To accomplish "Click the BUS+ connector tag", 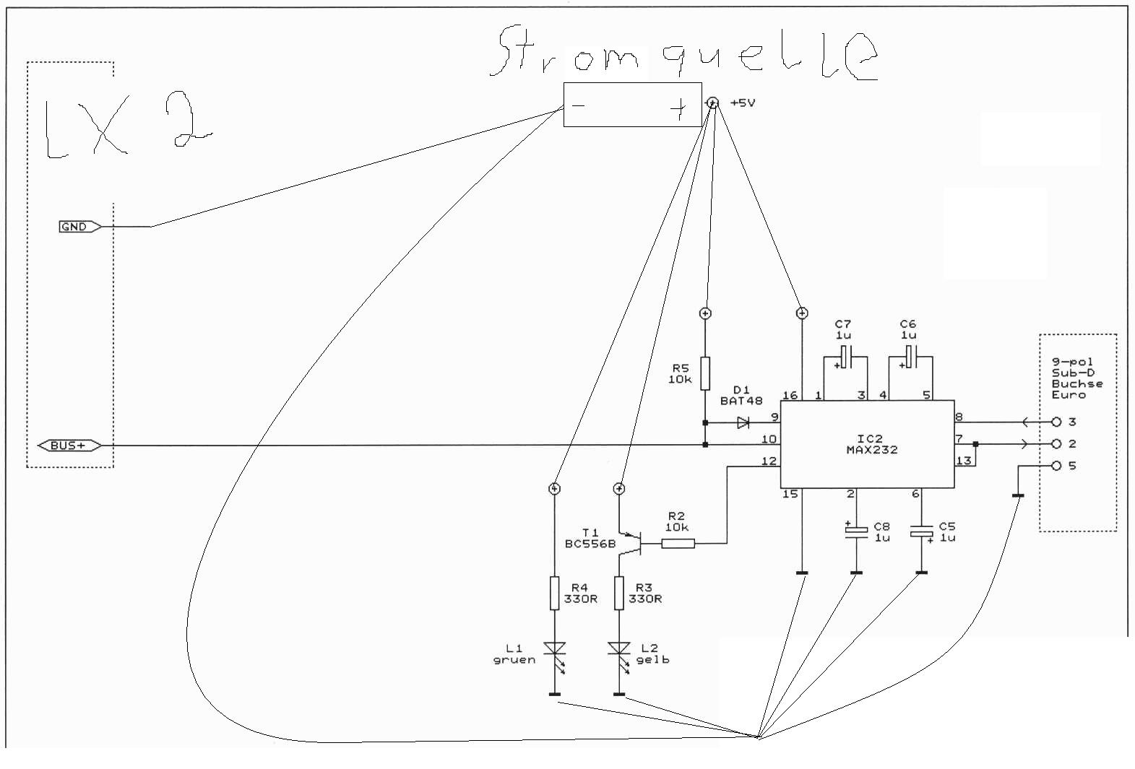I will pos(69,446).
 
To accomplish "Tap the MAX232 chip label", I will pos(871,449).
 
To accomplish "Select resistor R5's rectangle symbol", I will pos(705,373).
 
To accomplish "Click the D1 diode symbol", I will pos(743,422).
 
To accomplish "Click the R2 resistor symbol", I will pos(678,543).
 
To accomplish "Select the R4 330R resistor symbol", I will pos(554,593).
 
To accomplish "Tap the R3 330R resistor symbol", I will pos(618,593).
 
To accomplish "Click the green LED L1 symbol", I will pos(555,649).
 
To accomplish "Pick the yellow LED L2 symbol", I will pos(619,649).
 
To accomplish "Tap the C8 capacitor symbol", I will pos(856,531).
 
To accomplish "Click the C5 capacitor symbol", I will pos(921,533).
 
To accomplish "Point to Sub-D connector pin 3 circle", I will pos(1056,422).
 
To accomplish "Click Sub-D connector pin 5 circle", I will pos(1056,466).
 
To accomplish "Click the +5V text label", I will pos(743,103).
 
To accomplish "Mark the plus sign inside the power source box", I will pos(677,109).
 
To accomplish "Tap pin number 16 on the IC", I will pos(790,395).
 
